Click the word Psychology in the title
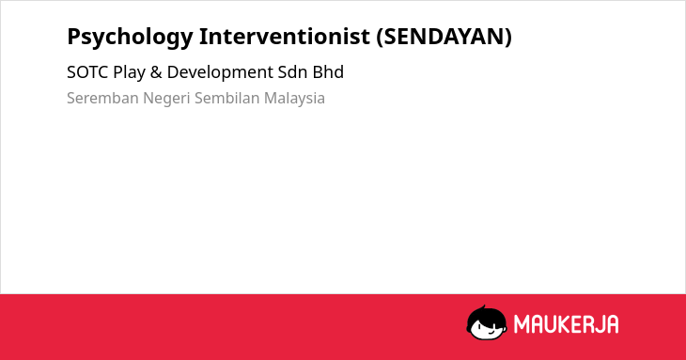coord(130,38)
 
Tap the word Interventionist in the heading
coord(285,36)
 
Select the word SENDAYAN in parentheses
coord(444,37)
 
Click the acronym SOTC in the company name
coord(87,72)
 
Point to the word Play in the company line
coord(129,73)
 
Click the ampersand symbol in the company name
coord(156,72)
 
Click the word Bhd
coord(328,72)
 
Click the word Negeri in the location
coord(166,99)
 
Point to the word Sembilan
coord(226,98)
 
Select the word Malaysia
coord(294,99)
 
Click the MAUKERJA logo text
coord(566,324)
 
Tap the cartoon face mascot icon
coord(487,323)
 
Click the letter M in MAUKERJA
coord(522,324)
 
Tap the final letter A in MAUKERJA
coord(612,324)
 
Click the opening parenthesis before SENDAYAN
coord(380,38)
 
